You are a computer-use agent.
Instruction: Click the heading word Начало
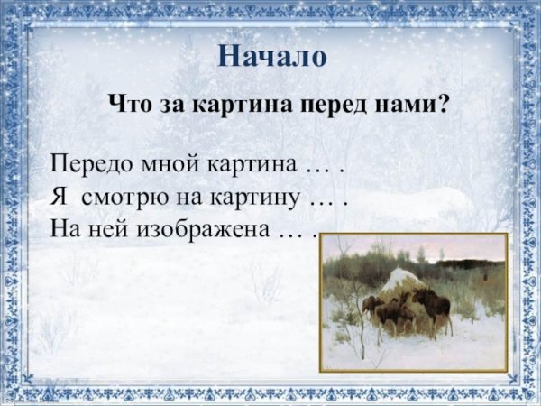pyautogui.click(x=271, y=56)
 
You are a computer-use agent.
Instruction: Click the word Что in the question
pyautogui.click(x=129, y=103)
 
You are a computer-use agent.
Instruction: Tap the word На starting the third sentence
pyautogui.click(x=65, y=227)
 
